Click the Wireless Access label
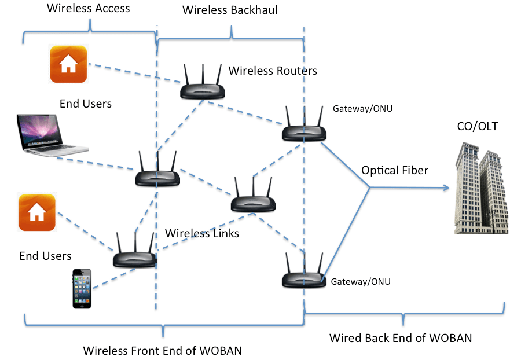point(88,8)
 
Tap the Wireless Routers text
point(273,71)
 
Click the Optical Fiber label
point(395,171)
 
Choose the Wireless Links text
point(202,233)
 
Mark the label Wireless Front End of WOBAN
point(162,350)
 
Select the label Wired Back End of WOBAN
point(400,337)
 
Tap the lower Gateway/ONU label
point(360,282)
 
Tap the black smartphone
point(82,288)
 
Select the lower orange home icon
point(37,212)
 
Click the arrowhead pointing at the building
point(446,187)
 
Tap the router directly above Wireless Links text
point(253,197)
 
